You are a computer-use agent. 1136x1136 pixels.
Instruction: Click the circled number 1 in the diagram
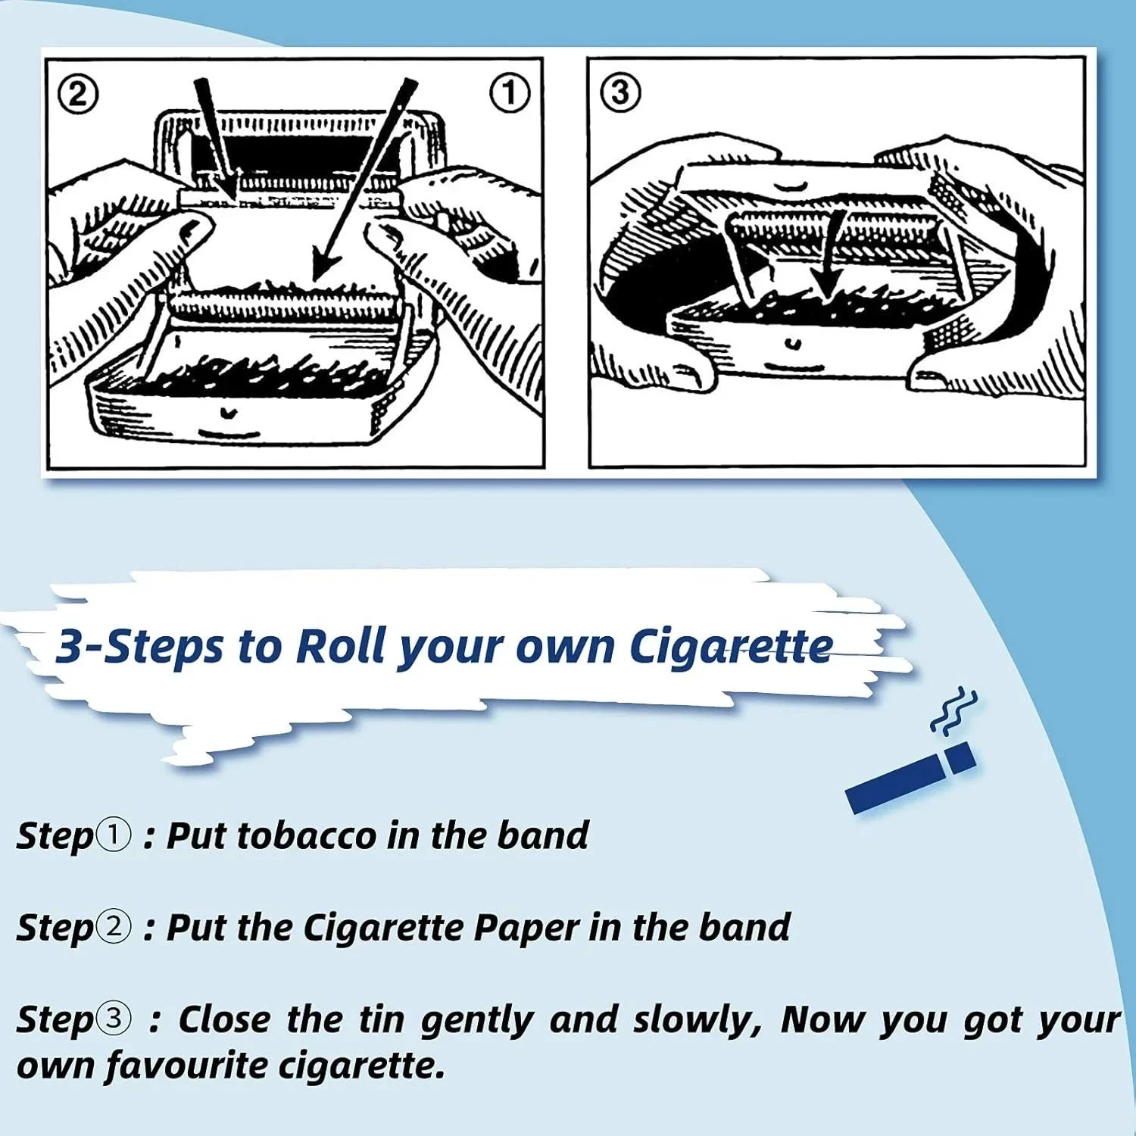pyautogui.click(x=510, y=93)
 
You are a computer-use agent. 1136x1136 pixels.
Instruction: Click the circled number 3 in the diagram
pyautogui.click(x=620, y=92)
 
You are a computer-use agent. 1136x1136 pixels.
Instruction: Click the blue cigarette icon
pyautogui.click(x=910, y=778)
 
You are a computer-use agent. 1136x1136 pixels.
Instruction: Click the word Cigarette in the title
pyautogui.click(x=731, y=648)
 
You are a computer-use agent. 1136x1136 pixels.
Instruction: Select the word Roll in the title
pyautogui.click(x=341, y=647)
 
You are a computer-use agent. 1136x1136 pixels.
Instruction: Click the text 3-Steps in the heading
pyautogui.click(x=140, y=648)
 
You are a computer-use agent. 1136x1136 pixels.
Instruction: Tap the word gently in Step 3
pyautogui.click(x=477, y=1020)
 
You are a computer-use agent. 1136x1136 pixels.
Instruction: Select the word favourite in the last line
pyautogui.click(x=186, y=1066)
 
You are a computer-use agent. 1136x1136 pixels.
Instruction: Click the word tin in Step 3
pyautogui.click(x=382, y=1019)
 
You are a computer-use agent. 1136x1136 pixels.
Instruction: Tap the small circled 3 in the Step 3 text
pyautogui.click(x=114, y=1019)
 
